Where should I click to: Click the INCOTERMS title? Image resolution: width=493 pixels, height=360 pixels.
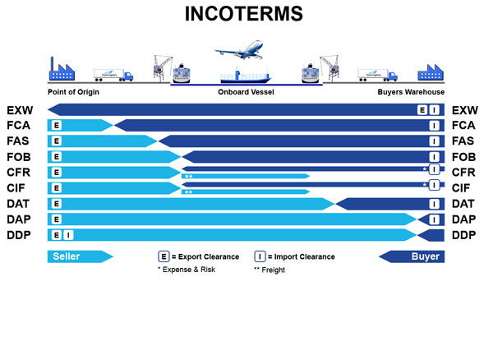click(x=246, y=15)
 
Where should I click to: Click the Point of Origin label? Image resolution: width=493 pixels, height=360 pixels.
click(x=74, y=92)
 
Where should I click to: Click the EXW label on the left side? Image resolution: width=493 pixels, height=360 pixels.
click(x=19, y=110)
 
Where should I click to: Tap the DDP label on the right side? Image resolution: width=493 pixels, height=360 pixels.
click(x=465, y=235)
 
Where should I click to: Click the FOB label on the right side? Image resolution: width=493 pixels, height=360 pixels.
click(x=465, y=157)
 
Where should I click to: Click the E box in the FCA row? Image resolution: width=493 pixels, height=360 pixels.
click(x=57, y=126)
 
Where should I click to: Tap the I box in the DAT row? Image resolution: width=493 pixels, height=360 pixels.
click(x=434, y=204)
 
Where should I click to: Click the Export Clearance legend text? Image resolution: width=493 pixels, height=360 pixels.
click(x=205, y=256)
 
